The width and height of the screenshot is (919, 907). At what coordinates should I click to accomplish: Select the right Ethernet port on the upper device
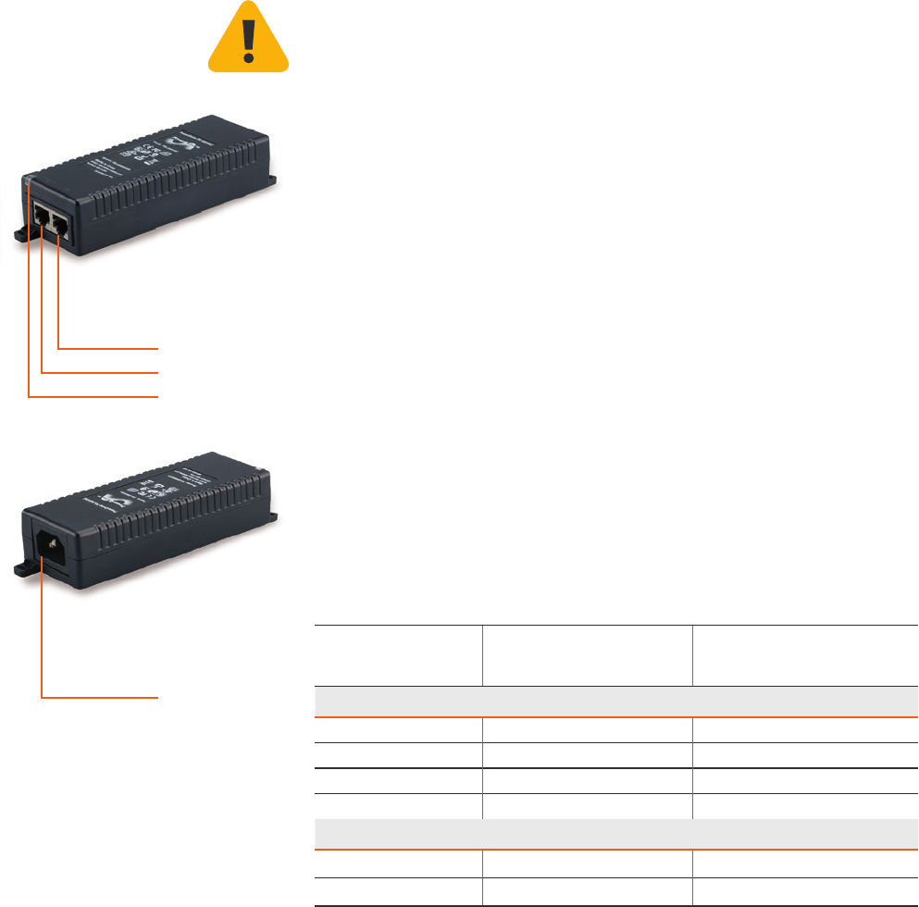point(61,225)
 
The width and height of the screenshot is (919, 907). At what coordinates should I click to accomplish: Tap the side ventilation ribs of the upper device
point(176,199)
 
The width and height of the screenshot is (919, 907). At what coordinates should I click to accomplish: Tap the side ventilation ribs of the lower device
point(176,537)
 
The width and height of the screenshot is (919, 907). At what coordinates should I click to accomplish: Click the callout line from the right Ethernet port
point(106,349)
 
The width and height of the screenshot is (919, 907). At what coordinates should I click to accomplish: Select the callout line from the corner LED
point(93,396)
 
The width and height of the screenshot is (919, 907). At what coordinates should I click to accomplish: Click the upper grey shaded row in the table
point(612,701)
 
